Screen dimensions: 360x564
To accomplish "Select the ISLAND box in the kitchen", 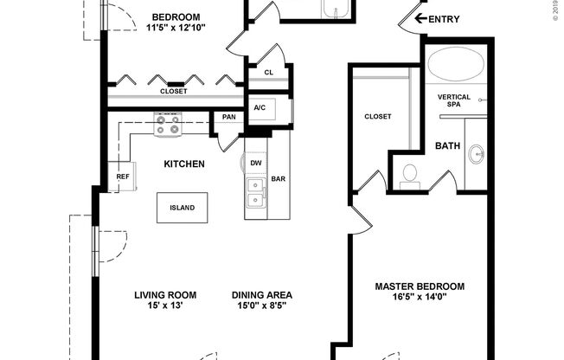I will (x=182, y=208).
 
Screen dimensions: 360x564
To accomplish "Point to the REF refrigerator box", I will (x=122, y=177).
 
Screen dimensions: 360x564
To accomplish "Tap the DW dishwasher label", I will (x=256, y=163).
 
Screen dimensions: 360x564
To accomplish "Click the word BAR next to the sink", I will (x=279, y=180).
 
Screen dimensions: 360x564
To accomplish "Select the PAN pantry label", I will (x=229, y=117).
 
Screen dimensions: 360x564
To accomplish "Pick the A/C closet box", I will (x=259, y=107).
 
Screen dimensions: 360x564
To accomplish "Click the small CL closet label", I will (x=268, y=73).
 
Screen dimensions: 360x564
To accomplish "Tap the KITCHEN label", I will (x=184, y=164).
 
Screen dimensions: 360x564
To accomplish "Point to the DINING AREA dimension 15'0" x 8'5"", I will (x=260, y=305).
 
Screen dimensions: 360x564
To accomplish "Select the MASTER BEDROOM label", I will (x=420, y=286).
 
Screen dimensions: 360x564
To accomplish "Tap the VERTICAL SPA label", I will (x=454, y=100).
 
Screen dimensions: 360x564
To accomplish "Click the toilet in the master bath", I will (x=410, y=175).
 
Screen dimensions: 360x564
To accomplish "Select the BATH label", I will (x=447, y=145).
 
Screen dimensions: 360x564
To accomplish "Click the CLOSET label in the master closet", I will (x=378, y=116).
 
